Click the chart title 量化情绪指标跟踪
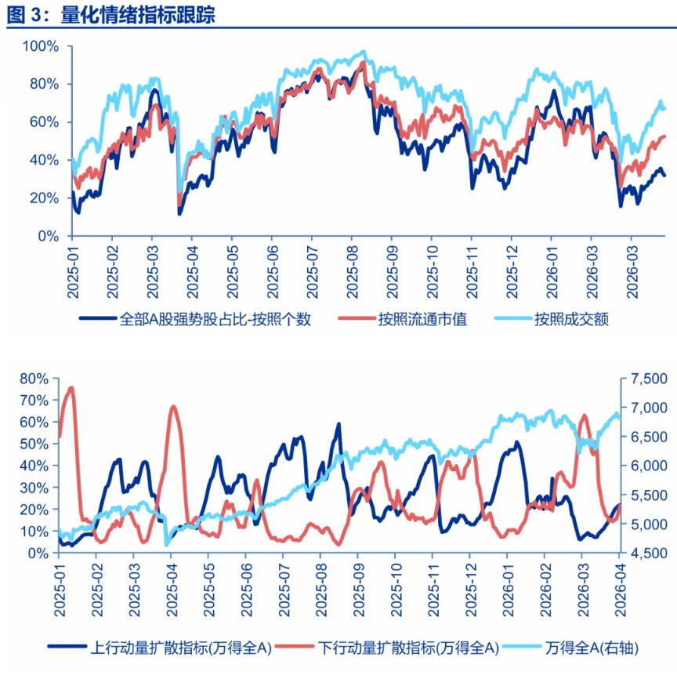tap(136, 14)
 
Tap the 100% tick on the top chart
tap(41, 46)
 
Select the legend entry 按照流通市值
tap(422, 319)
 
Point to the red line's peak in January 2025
tap(71, 387)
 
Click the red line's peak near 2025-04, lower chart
tap(173, 406)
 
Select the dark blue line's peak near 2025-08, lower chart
tap(338, 424)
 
